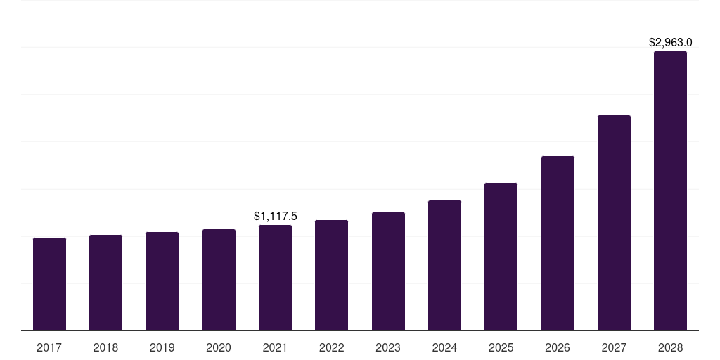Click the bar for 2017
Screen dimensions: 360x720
point(49,284)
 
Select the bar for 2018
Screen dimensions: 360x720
point(105,283)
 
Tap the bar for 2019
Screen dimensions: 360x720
point(162,281)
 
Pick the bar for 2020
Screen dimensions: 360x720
point(219,280)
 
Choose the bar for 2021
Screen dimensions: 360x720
point(275,278)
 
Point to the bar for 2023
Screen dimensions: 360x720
point(388,271)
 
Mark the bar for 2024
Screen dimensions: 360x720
point(444,266)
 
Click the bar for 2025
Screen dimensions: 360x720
point(501,257)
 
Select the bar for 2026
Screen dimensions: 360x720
point(558,243)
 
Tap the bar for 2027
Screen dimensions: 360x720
point(614,223)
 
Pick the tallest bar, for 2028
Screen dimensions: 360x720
point(670,191)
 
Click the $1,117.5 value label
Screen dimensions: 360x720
point(276,217)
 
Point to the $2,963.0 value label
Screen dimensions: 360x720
point(670,43)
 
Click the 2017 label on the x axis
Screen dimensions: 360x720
point(49,347)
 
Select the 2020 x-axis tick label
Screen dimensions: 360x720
point(219,347)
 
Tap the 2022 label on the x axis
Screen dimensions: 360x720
point(331,347)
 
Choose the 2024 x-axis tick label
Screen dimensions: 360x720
point(444,347)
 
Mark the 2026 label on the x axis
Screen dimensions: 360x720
point(558,347)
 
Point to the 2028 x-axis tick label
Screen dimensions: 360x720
point(670,347)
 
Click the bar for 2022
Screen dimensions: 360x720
point(331,276)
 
